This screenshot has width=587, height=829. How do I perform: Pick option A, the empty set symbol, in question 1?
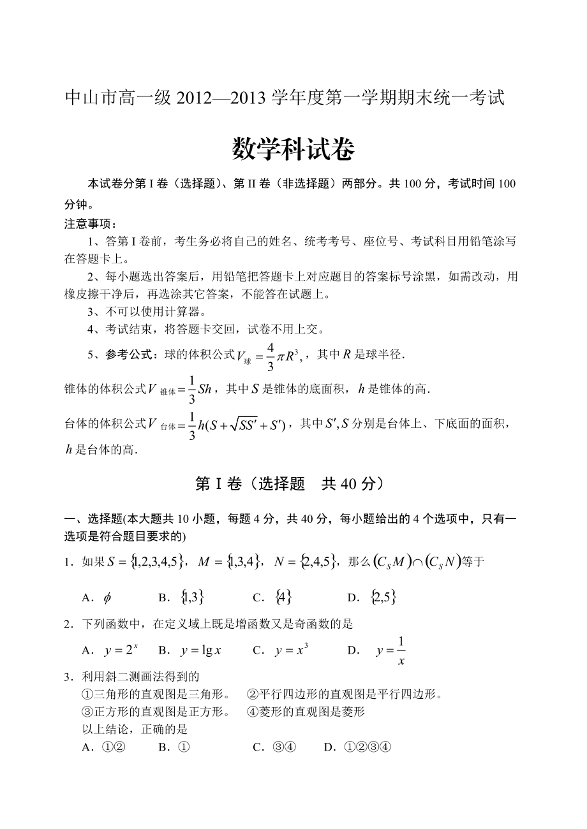pos(107,598)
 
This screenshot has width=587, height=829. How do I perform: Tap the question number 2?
pos(66,624)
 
